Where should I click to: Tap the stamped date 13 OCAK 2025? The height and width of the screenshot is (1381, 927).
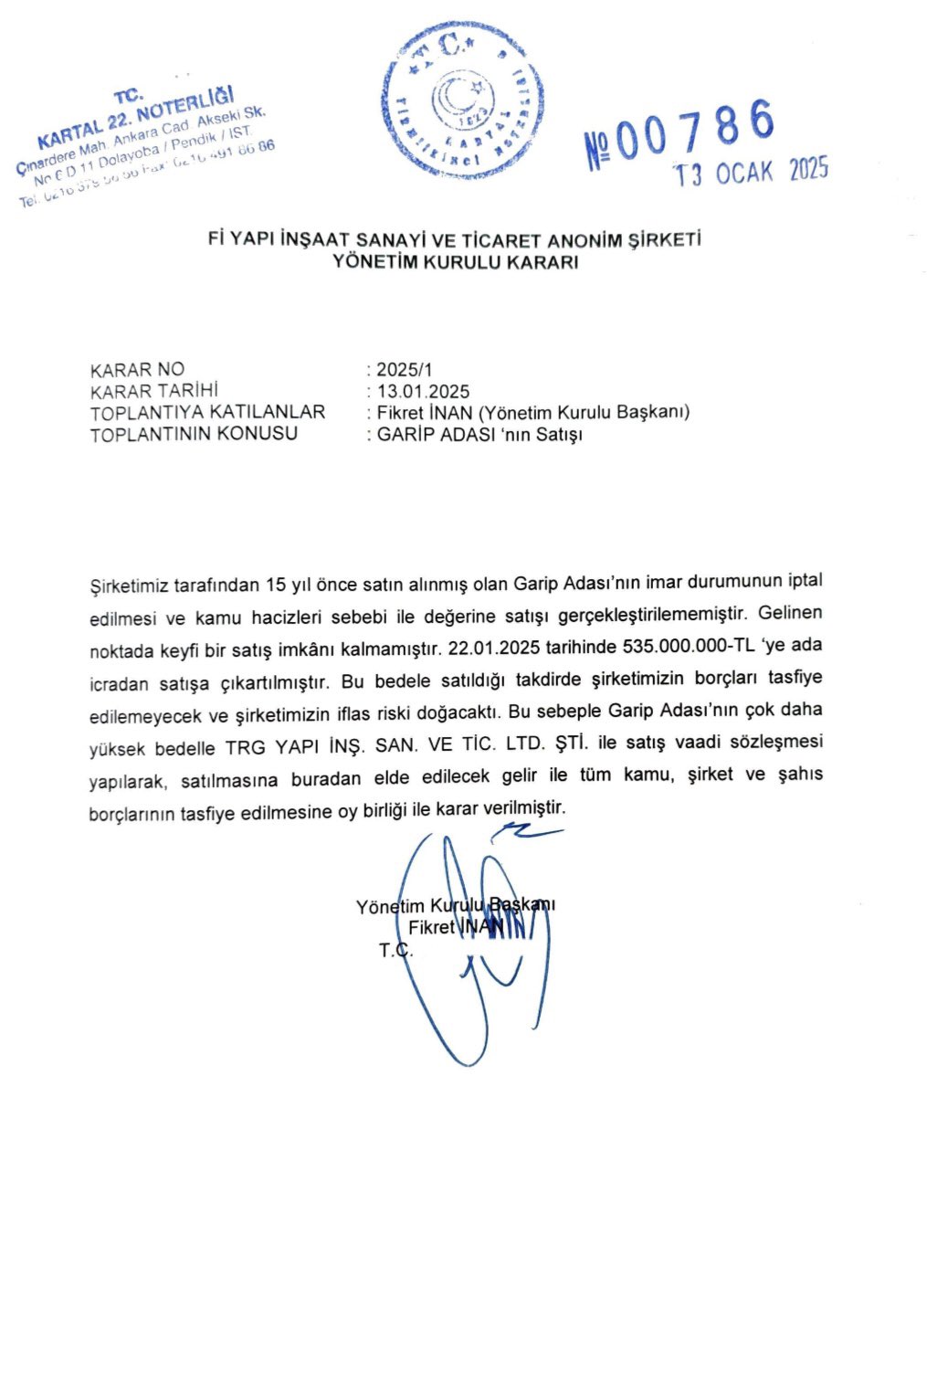(751, 172)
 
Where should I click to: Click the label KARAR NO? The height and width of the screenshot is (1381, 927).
(137, 370)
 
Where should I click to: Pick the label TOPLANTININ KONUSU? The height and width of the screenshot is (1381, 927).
(194, 434)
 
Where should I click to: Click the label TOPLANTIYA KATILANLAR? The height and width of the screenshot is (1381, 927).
(207, 413)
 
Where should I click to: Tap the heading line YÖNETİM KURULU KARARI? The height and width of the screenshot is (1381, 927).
(455, 262)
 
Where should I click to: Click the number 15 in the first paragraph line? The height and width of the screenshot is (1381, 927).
(276, 584)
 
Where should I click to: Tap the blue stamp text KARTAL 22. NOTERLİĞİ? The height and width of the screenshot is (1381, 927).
(137, 118)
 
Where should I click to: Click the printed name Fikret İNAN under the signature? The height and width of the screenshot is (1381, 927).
(455, 927)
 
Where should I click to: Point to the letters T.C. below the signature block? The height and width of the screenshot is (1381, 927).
(395, 951)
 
